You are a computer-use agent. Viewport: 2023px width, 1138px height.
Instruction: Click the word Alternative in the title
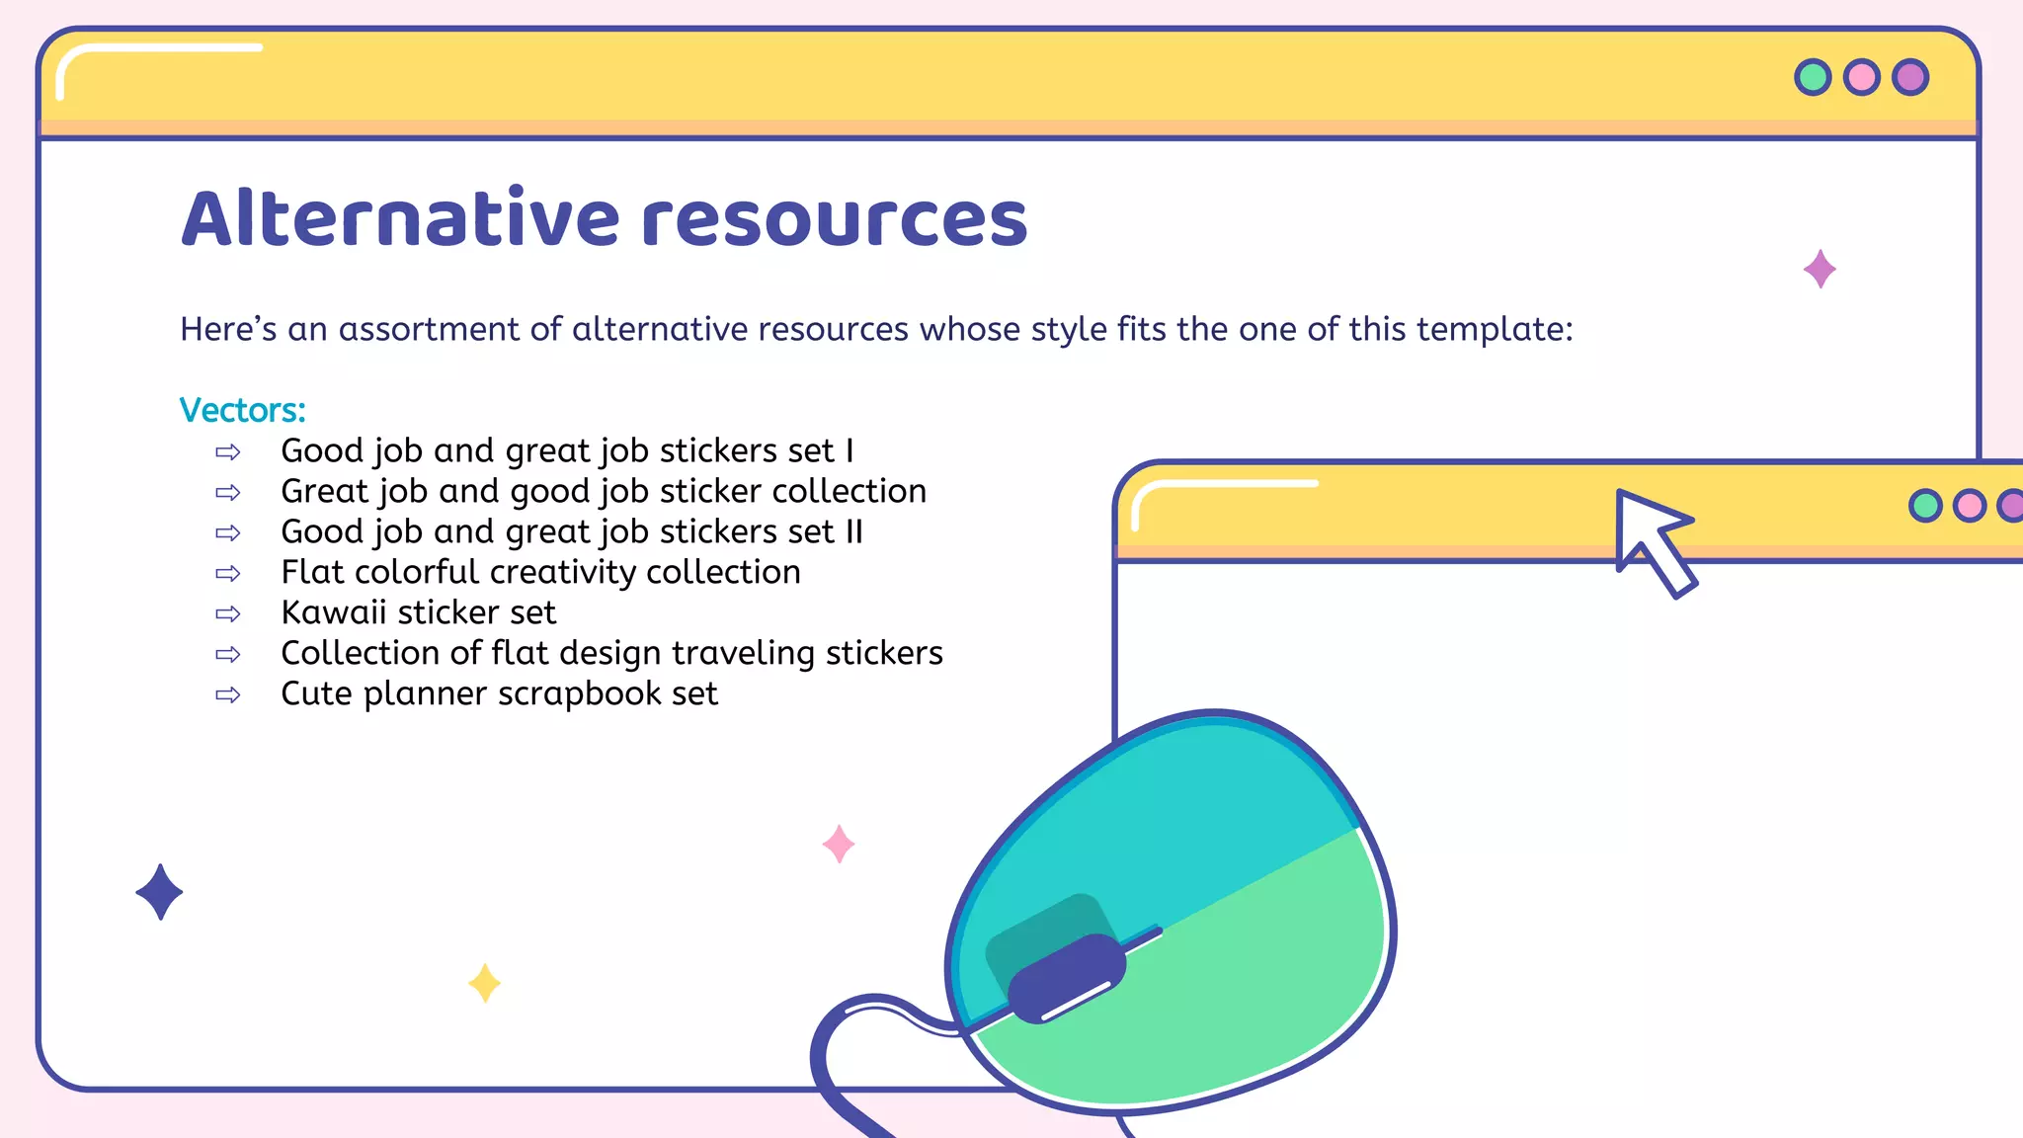(x=401, y=218)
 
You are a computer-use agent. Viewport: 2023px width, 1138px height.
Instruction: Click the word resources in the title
(x=835, y=220)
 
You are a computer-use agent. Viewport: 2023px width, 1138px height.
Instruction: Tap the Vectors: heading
(x=243, y=410)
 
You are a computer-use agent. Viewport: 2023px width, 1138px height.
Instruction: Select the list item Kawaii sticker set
(x=419, y=612)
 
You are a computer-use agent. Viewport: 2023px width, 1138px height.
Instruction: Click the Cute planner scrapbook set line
(x=499, y=693)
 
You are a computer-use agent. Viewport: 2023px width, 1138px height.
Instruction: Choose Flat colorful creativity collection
(x=540, y=572)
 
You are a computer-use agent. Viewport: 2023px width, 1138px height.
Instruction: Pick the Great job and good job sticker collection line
(x=604, y=491)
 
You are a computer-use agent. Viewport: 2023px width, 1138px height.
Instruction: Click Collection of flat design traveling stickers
(x=611, y=653)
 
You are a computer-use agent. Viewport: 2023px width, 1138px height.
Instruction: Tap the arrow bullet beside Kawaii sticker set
(x=228, y=613)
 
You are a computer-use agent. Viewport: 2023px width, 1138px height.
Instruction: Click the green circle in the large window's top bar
(x=1813, y=77)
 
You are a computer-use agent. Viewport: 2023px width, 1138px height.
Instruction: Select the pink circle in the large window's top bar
(x=1862, y=77)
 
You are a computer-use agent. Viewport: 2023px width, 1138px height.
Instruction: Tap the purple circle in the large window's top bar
(x=1910, y=77)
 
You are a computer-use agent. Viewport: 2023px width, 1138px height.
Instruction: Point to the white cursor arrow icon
(x=1652, y=537)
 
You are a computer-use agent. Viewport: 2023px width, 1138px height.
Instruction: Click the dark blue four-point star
(x=159, y=892)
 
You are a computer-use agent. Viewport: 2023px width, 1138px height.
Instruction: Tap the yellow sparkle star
(x=484, y=983)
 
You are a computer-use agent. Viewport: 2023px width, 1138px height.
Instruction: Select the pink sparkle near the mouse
(x=839, y=845)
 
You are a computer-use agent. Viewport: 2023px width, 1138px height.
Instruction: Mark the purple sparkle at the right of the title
(x=1820, y=269)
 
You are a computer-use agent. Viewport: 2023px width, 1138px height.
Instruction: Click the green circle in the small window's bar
(x=1925, y=506)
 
